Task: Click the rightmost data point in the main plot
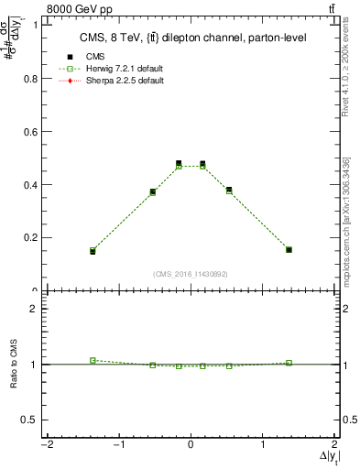(x=289, y=249)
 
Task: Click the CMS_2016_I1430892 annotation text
(x=190, y=274)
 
